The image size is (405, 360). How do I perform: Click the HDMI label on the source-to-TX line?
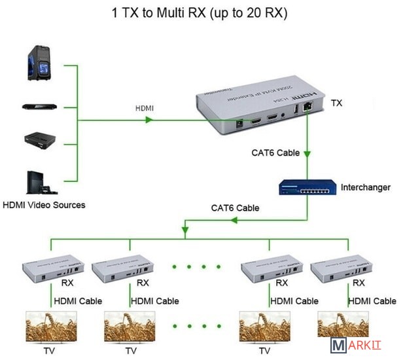tap(145, 108)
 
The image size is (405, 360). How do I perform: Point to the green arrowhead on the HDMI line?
tap(150, 120)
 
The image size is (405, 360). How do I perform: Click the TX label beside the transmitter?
tap(336, 103)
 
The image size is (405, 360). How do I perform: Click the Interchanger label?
tap(365, 188)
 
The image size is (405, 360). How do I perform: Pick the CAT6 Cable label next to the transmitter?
tap(275, 153)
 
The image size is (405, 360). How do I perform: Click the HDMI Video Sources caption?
tap(44, 205)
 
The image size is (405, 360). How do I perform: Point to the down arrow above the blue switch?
tap(307, 156)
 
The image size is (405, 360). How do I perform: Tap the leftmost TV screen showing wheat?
tap(50, 326)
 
